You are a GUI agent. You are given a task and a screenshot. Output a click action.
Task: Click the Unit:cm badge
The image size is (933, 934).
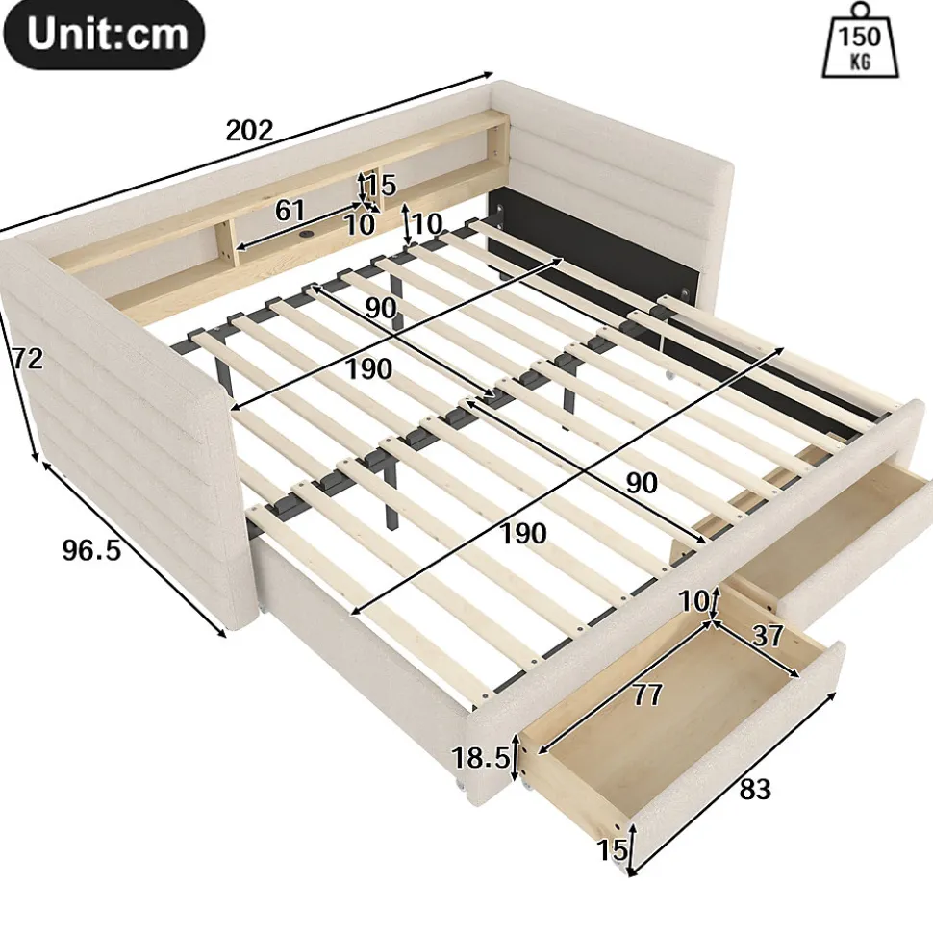coord(104,34)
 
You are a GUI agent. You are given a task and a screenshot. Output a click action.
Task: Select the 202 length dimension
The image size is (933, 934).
coord(249,131)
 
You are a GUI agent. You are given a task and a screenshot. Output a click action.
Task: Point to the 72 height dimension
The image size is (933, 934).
coord(28,359)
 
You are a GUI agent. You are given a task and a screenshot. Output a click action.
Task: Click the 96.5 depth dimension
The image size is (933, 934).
coord(91,550)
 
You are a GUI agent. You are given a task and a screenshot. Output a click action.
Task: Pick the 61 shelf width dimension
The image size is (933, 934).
coord(290,211)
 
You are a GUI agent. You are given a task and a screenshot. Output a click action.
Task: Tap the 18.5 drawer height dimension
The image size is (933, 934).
coord(481,758)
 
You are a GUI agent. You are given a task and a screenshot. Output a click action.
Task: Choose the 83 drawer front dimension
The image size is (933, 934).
coord(755,790)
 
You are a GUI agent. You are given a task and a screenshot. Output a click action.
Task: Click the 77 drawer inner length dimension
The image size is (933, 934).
coord(646,694)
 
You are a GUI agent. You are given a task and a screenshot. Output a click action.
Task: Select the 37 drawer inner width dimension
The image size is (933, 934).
coord(768,636)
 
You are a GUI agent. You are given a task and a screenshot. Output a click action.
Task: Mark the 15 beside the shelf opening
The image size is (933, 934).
coord(381,186)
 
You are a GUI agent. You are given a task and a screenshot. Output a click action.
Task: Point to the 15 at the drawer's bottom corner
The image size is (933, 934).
coord(613,850)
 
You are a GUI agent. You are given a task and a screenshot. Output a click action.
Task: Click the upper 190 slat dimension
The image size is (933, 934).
coord(368,369)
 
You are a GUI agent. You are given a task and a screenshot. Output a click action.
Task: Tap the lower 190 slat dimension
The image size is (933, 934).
coord(522,534)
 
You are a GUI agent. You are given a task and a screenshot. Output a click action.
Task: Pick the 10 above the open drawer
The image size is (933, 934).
coord(694,601)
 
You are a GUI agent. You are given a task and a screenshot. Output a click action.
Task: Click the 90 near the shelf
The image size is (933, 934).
coord(380,308)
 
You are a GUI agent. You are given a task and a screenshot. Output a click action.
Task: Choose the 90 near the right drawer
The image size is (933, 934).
coord(642,483)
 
